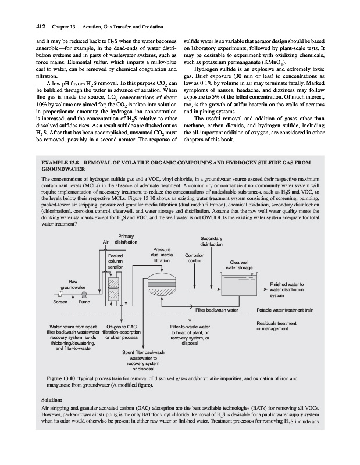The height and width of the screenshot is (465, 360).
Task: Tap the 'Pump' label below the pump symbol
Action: coord(84,302)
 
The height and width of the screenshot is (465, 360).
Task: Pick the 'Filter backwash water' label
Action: coord(217,309)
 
